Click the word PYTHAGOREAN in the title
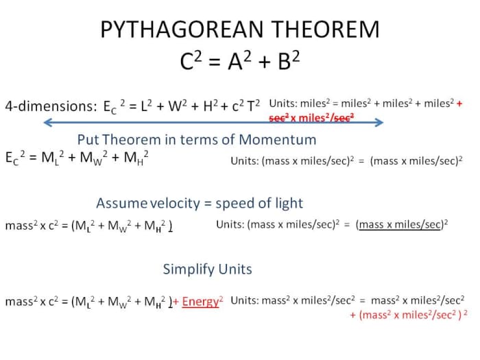[x=176, y=29]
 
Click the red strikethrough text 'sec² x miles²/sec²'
[x=311, y=117]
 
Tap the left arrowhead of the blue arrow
[x=47, y=123]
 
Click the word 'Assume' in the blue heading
[x=121, y=204]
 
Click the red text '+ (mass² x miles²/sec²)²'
[x=408, y=315]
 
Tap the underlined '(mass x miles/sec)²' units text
[x=402, y=224]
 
